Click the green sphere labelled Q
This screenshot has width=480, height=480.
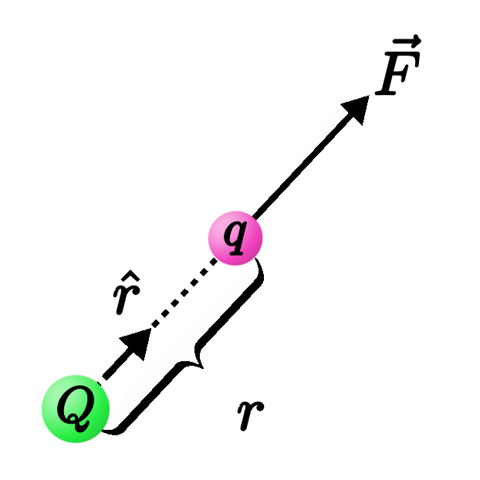click(x=75, y=409)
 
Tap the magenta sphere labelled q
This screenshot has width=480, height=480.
click(x=235, y=237)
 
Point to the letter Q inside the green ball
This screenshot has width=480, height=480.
click(x=74, y=410)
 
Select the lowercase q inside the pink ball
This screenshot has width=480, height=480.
click(x=235, y=238)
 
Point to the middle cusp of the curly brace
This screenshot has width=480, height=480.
click(x=198, y=360)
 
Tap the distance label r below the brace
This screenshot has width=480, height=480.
click(x=249, y=414)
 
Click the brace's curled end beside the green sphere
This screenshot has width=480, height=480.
click(x=113, y=428)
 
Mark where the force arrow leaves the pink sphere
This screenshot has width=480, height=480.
click(x=255, y=216)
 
